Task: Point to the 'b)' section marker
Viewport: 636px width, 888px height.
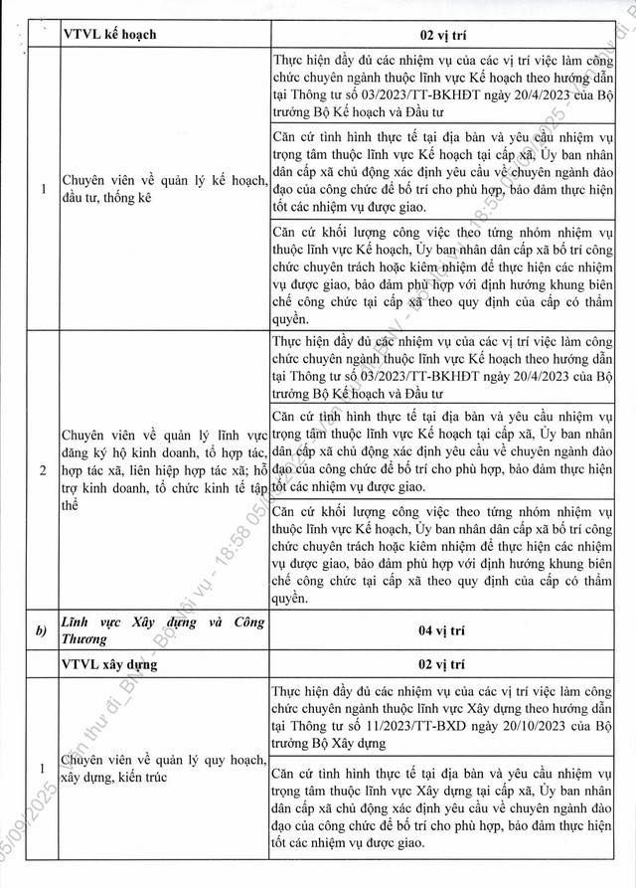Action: click(37, 630)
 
